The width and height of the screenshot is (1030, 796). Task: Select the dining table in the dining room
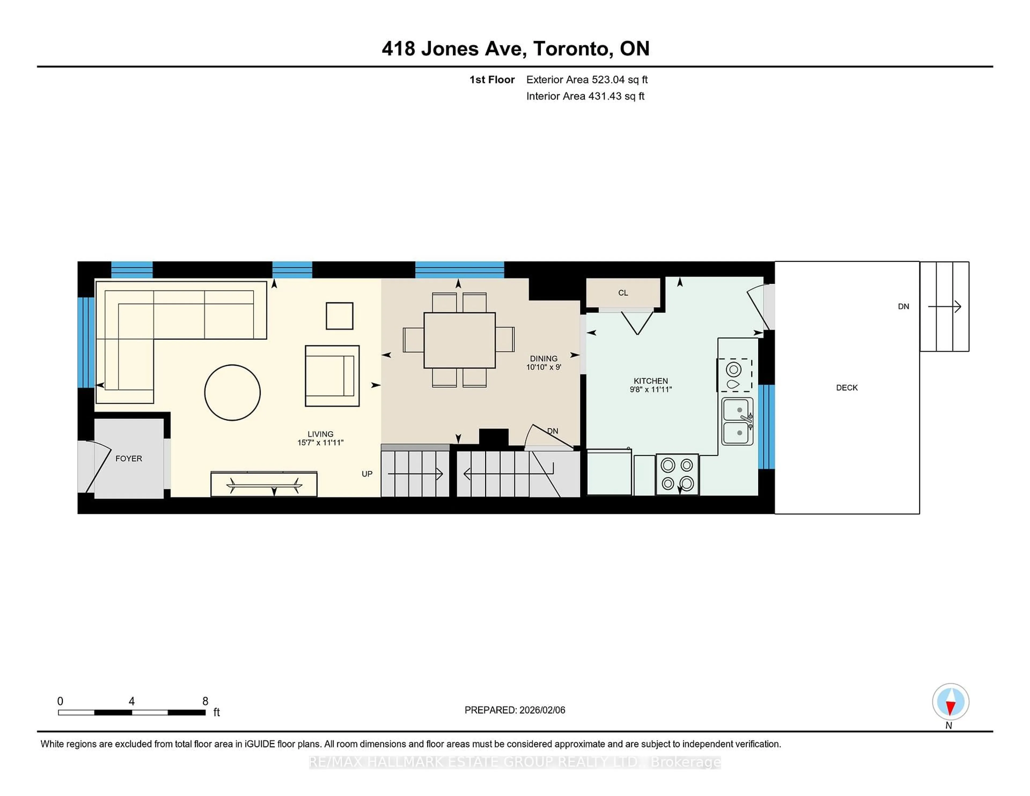(459, 340)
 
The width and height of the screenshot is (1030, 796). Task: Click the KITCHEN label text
(650, 381)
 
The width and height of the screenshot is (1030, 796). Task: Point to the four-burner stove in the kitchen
(677, 474)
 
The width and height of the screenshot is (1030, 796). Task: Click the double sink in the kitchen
(737, 421)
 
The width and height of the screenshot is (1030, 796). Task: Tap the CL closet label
(623, 293)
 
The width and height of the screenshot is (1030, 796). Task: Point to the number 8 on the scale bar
(205, 701)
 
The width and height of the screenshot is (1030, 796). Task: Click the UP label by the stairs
(367, 474)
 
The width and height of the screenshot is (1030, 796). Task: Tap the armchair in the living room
(332, 376)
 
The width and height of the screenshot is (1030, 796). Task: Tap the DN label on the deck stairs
(903, 307)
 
